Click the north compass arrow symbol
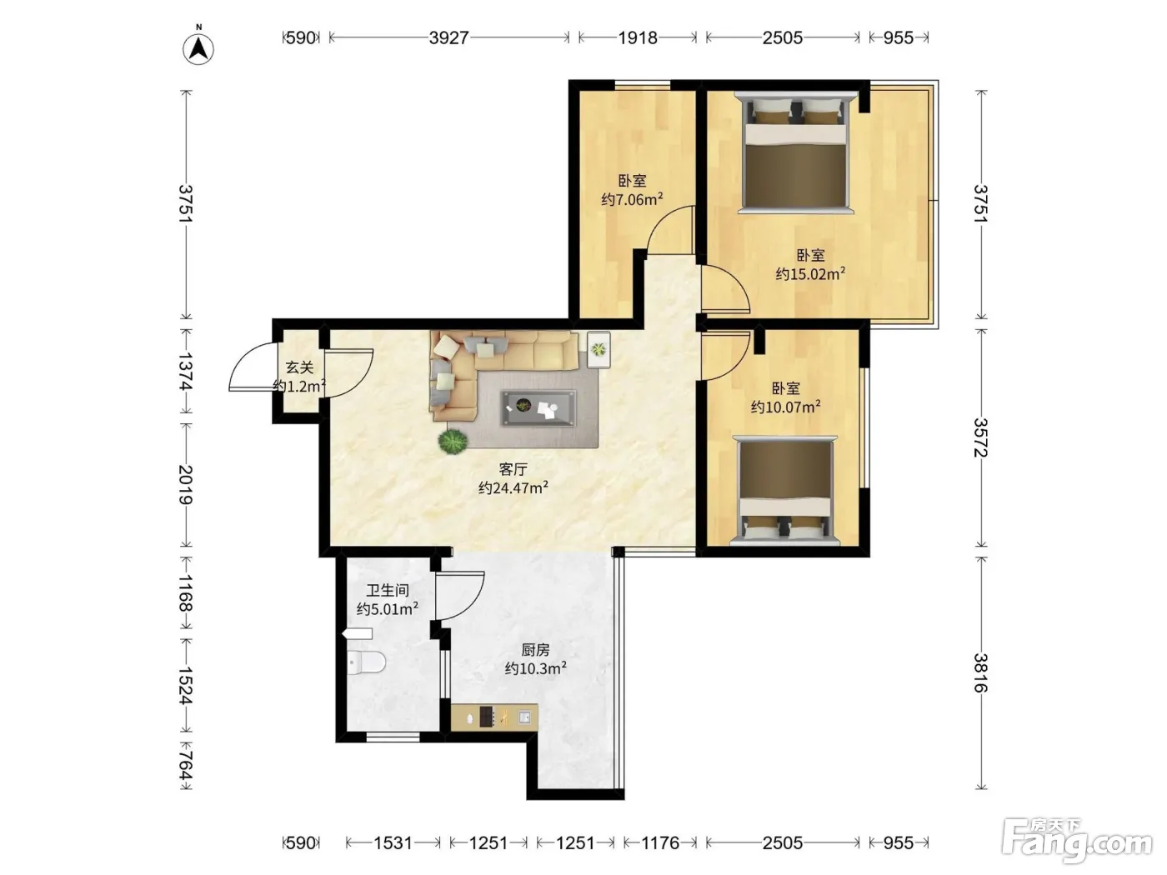click(x=198, y=49)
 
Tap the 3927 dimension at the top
click(x=448, y=37)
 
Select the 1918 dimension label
click(x=638, y=37)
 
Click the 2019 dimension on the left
click(x=186, y=484)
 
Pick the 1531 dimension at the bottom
click(x=393, y=842)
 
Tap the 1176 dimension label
click(x=660, y=842)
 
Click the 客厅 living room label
click(x=513, y=469)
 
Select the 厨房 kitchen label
click(x=535, y=650)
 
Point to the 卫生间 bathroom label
click(x=388, y=590)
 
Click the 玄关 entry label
click(x=299, y=367)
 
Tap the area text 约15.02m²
click(x=810, y=273)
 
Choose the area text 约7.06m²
click(x=632, y=199)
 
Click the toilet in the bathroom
click(x=366, y=662)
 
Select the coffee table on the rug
click(x=538, y=408)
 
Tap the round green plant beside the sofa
click(x=453, y=442)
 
